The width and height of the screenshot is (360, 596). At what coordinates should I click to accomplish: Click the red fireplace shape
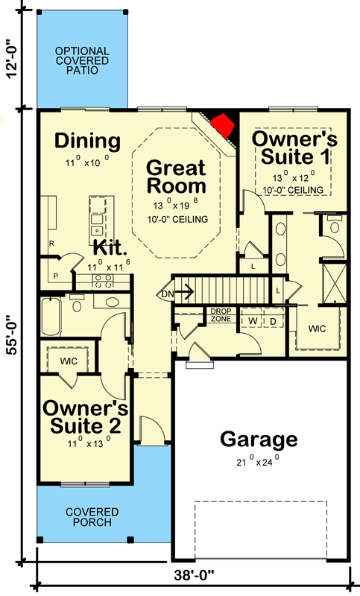click(222, 125)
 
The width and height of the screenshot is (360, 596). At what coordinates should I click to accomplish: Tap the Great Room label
click(177, 177)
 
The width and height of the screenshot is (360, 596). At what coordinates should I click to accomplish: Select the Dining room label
click(87, 141)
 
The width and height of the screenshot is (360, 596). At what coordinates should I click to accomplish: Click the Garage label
click(259, 440)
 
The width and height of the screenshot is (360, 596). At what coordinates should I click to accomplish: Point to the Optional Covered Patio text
click(82, 60)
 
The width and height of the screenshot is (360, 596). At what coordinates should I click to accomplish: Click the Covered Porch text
click(92, 517)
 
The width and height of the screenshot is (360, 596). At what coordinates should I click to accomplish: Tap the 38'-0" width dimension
click(195, 574)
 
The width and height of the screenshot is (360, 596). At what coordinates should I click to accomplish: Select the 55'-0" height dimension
click(13, 335)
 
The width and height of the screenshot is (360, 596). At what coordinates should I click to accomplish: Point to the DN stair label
click(167, 294)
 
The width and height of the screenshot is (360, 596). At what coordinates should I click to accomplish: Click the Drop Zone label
click(221, 315)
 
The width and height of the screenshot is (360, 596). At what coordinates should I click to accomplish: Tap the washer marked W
click(253, 321)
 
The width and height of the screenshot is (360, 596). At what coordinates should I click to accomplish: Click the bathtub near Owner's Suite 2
click(51, 317)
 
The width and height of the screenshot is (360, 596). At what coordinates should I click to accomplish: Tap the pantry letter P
click(55, 276)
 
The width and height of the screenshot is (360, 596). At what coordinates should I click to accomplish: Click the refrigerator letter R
click(51, 244)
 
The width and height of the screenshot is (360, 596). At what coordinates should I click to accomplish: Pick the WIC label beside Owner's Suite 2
click(69, 361)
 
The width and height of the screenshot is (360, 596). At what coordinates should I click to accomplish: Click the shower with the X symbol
click(335, 283)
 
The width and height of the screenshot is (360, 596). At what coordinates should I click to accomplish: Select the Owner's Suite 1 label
click(294, 148)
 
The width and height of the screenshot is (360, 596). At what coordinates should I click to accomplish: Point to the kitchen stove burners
click(104, 281)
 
